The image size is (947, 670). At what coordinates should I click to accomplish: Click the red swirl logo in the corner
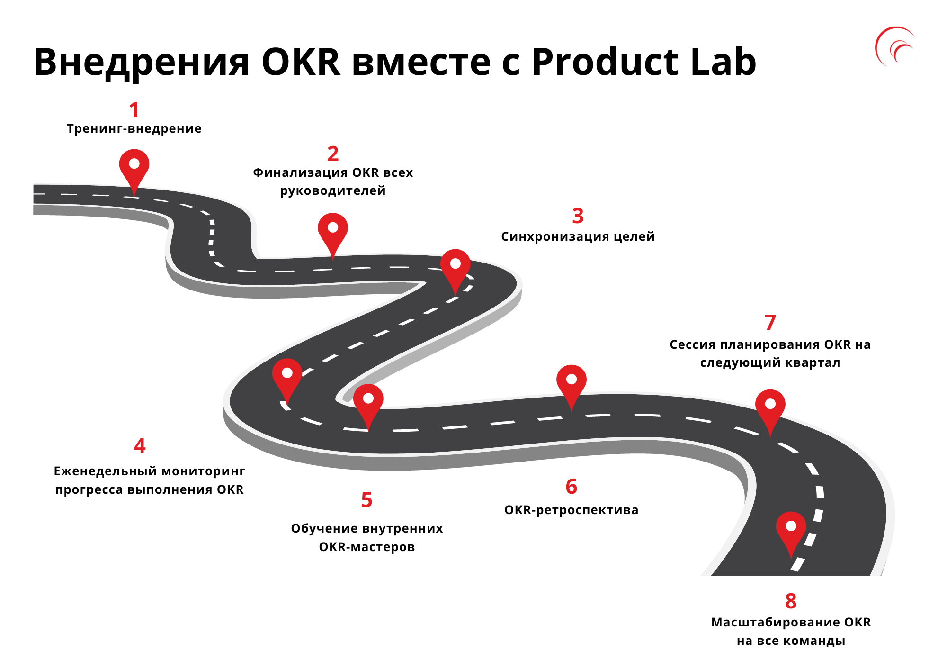(894, 46)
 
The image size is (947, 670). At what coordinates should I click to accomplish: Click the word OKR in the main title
(301, 62)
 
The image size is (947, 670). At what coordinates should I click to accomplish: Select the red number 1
(134, 110)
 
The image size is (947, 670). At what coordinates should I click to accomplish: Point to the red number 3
(578, 216)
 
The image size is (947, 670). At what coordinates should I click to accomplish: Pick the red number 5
(366, 500)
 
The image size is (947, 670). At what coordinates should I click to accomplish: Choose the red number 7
(770, 323)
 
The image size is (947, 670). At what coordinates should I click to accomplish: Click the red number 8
(791, 601)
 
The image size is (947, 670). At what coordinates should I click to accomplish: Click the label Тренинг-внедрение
(134, 129)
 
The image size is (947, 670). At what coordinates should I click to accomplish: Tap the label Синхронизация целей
(578, 236)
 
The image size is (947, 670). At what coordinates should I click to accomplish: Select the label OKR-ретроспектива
(571, 510)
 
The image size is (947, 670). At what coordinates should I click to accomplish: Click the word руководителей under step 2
(333, 191)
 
